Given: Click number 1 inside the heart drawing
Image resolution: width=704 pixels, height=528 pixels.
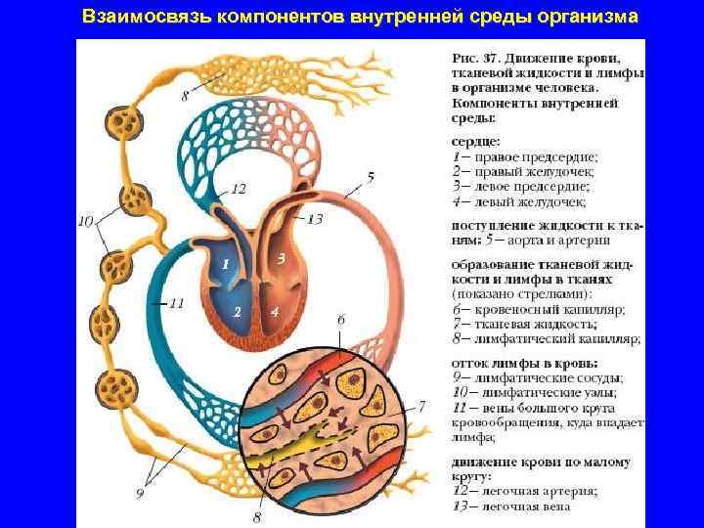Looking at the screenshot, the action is pos(225,264).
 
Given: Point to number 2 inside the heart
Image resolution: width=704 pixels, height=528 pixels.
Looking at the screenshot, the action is pos(237,311).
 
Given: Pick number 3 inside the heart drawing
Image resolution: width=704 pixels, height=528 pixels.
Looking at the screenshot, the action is pos(281,259).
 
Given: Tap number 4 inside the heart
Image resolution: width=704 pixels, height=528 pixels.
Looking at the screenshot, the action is pos(276,311).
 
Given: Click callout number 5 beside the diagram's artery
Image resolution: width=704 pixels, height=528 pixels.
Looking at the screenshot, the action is pos(371,177).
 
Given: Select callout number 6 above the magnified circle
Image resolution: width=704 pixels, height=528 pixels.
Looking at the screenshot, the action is pos(340,320).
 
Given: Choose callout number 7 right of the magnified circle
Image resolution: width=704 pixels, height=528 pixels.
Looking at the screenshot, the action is pos(423,404).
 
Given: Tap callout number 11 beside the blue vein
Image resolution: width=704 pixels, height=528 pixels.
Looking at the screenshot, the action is pos(176,303).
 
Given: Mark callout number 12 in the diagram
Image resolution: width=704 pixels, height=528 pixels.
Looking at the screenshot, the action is pos(238,188).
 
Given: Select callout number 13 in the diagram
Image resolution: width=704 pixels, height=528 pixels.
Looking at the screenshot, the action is pos(314,220).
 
